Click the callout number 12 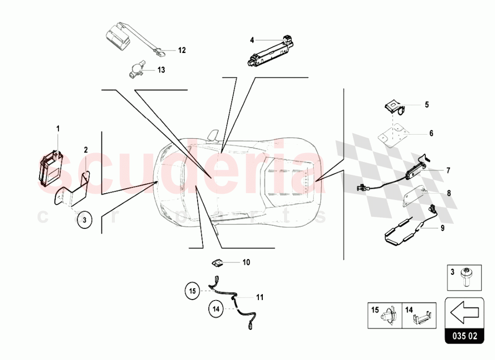coord(182,50)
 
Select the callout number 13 coord(161,70)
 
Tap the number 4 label coord(252,40)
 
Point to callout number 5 coord(427,104)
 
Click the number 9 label coord(443,228)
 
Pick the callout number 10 coord(246,262)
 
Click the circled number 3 coord(85,220)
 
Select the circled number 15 coord(193,291)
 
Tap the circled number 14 coord(216,309)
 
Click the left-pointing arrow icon coord(464,312)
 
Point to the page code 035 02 coord(465,336)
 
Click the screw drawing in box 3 coord(466,277)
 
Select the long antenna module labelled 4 coord(270,51)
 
